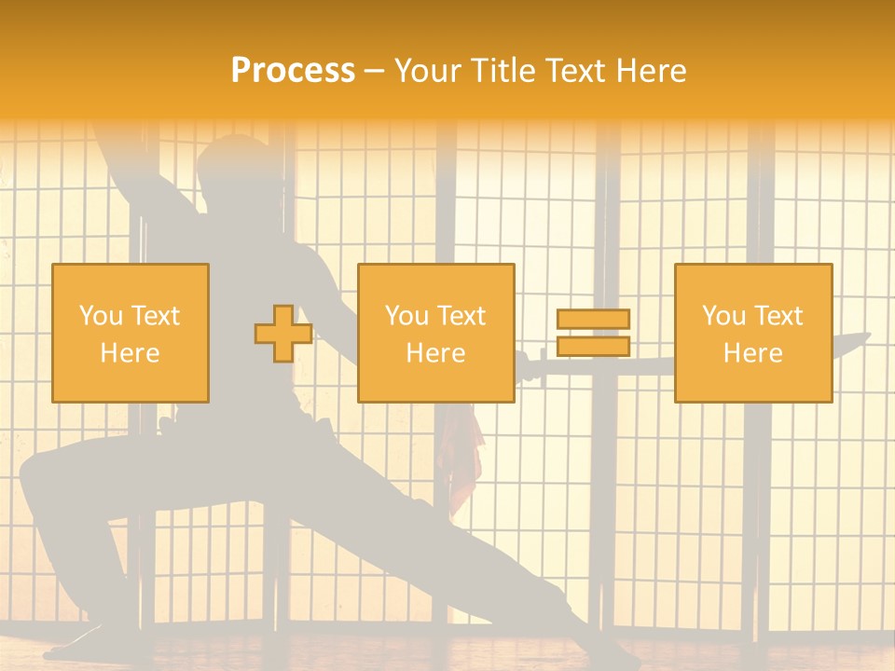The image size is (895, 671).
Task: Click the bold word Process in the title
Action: point(293,70)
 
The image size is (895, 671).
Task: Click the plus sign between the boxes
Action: point(283,334)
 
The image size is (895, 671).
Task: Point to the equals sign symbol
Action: point(593,333)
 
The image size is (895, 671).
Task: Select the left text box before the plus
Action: point(131,333)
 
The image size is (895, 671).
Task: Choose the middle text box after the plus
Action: point(435,333)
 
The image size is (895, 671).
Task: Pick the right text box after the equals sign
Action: point(753,333)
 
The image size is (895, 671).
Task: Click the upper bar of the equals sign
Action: point(593,320)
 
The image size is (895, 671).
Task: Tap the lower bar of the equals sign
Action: point(593,346)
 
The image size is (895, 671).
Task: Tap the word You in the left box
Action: point(100,315)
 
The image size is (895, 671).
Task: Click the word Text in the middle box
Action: point(460,315)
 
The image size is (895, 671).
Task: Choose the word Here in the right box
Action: point(753,352)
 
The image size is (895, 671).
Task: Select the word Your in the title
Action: point(426,70)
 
